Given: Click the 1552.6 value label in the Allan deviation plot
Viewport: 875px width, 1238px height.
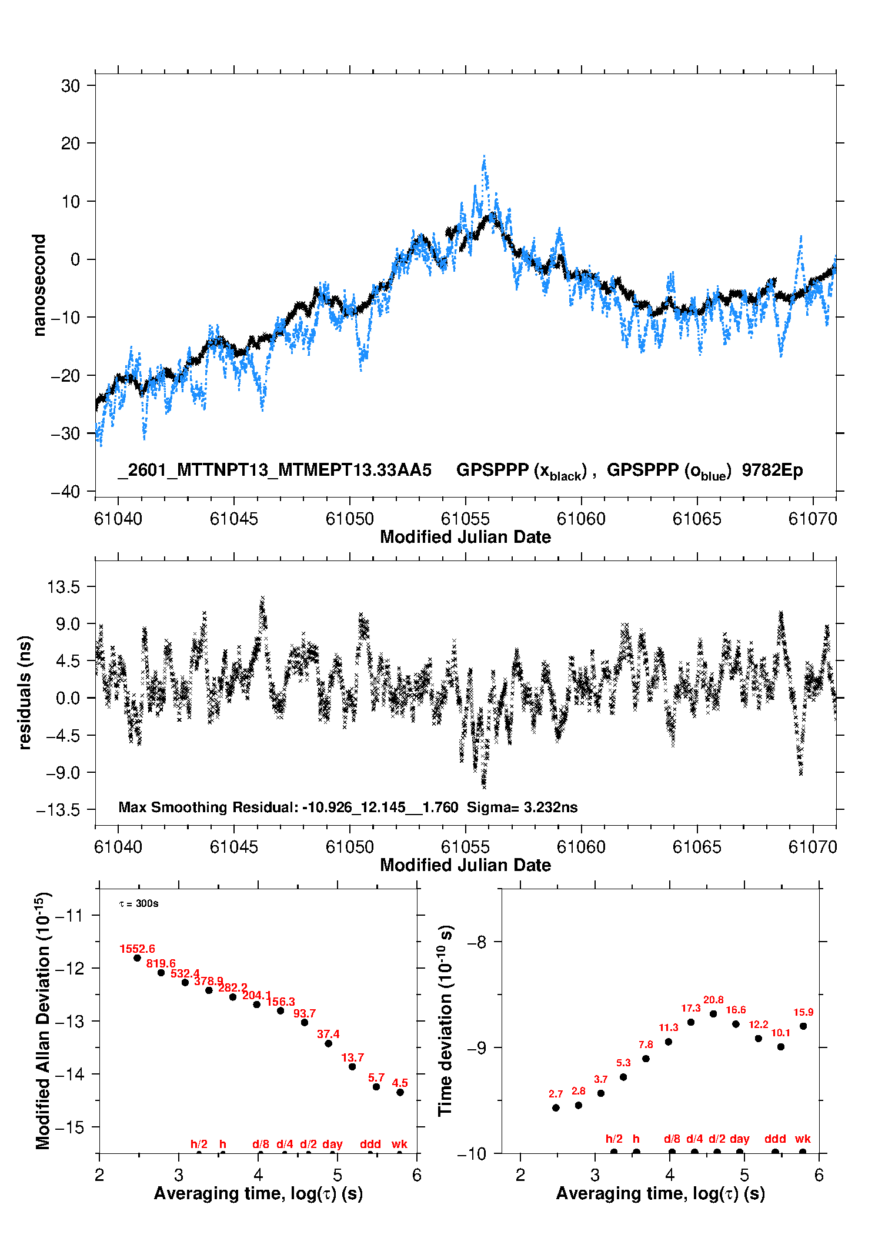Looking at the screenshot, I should click(137, 949).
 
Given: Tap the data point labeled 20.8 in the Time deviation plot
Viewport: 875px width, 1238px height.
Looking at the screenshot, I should click(713, 1013).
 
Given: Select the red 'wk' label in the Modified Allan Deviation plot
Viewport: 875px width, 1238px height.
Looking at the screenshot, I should click(399, 1144).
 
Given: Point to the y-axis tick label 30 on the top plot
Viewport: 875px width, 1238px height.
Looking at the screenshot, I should click(71, 86).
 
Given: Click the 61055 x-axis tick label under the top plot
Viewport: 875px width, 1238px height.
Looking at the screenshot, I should click(465, 519).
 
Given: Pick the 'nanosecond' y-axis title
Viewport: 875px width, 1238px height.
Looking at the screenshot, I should click(39, 285).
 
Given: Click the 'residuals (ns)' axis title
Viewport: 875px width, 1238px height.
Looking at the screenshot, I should click(24, 692).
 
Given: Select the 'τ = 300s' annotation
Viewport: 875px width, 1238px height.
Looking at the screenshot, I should click(139, 903).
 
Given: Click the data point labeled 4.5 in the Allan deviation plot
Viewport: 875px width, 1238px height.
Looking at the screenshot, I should click(400, 1092).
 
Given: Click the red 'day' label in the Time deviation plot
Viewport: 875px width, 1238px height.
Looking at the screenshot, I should click(739, 1139).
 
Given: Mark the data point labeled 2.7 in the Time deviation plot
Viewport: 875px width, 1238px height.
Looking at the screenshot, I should click(556, 1107).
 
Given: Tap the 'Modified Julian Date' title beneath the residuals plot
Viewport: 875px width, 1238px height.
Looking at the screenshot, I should click(465, 865).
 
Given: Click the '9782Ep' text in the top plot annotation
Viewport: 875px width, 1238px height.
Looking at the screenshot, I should click(772, 470).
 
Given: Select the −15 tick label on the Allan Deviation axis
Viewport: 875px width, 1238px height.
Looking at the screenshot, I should click(69, 1127).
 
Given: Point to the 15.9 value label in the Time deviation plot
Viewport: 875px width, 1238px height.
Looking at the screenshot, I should click(803, 1012).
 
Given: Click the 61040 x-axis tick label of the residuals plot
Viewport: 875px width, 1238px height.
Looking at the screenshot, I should click(118, 847).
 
